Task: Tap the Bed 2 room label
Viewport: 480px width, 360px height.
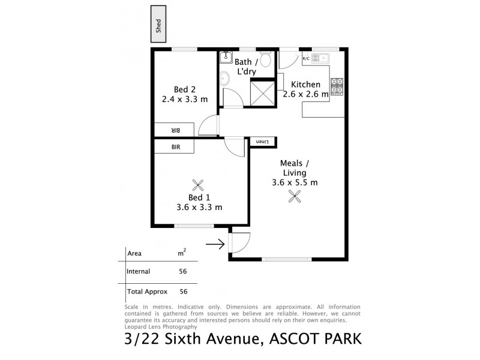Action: tap(184, 89)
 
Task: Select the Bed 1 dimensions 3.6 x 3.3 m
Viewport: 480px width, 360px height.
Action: tap(199, 208)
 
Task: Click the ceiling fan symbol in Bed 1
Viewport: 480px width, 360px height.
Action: tap(199, 184)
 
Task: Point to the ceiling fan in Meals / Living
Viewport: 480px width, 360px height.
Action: tap(294, 196)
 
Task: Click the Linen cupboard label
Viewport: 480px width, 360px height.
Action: tap(262, 141)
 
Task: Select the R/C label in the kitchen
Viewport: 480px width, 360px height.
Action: tap(306, 58)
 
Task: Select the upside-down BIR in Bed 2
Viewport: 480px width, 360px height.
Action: tap(175, 130)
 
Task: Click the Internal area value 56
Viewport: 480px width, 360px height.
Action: tap(182, 271)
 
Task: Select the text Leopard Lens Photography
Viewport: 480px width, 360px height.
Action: tap(160, 327)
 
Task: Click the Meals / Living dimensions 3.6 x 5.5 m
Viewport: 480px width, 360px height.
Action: tap(294, 182)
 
